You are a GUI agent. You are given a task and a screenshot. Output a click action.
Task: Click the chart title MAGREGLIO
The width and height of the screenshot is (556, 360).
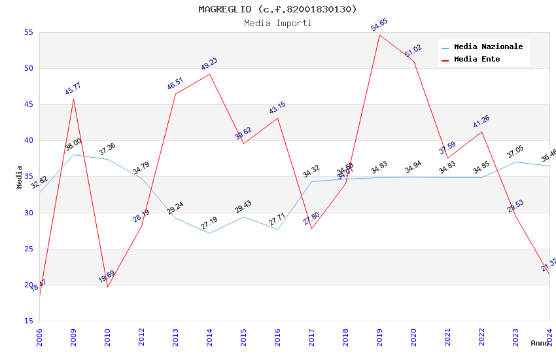point(277,9)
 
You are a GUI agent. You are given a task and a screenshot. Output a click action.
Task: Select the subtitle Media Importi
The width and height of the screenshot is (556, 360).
point(277,23)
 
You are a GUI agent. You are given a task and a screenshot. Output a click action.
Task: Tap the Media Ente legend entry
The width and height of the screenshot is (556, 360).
point(477,60)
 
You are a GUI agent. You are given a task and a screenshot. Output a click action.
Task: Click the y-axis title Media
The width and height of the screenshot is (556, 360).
point(20,177)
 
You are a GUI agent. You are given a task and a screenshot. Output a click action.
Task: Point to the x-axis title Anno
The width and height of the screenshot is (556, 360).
point(540,343)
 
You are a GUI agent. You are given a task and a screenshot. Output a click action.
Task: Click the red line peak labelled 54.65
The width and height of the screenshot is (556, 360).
point(379,35)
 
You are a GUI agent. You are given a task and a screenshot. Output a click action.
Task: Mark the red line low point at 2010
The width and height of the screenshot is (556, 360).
point(107,287)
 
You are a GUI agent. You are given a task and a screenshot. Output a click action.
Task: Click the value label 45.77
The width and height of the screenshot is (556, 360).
point(73,89)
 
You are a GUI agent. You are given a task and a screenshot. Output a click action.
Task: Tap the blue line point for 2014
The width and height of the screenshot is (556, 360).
point(209,233)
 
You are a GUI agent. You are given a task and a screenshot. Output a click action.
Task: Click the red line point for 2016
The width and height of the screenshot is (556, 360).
point(277,118)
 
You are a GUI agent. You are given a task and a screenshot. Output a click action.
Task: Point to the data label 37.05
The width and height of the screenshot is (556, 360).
point(515,153)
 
